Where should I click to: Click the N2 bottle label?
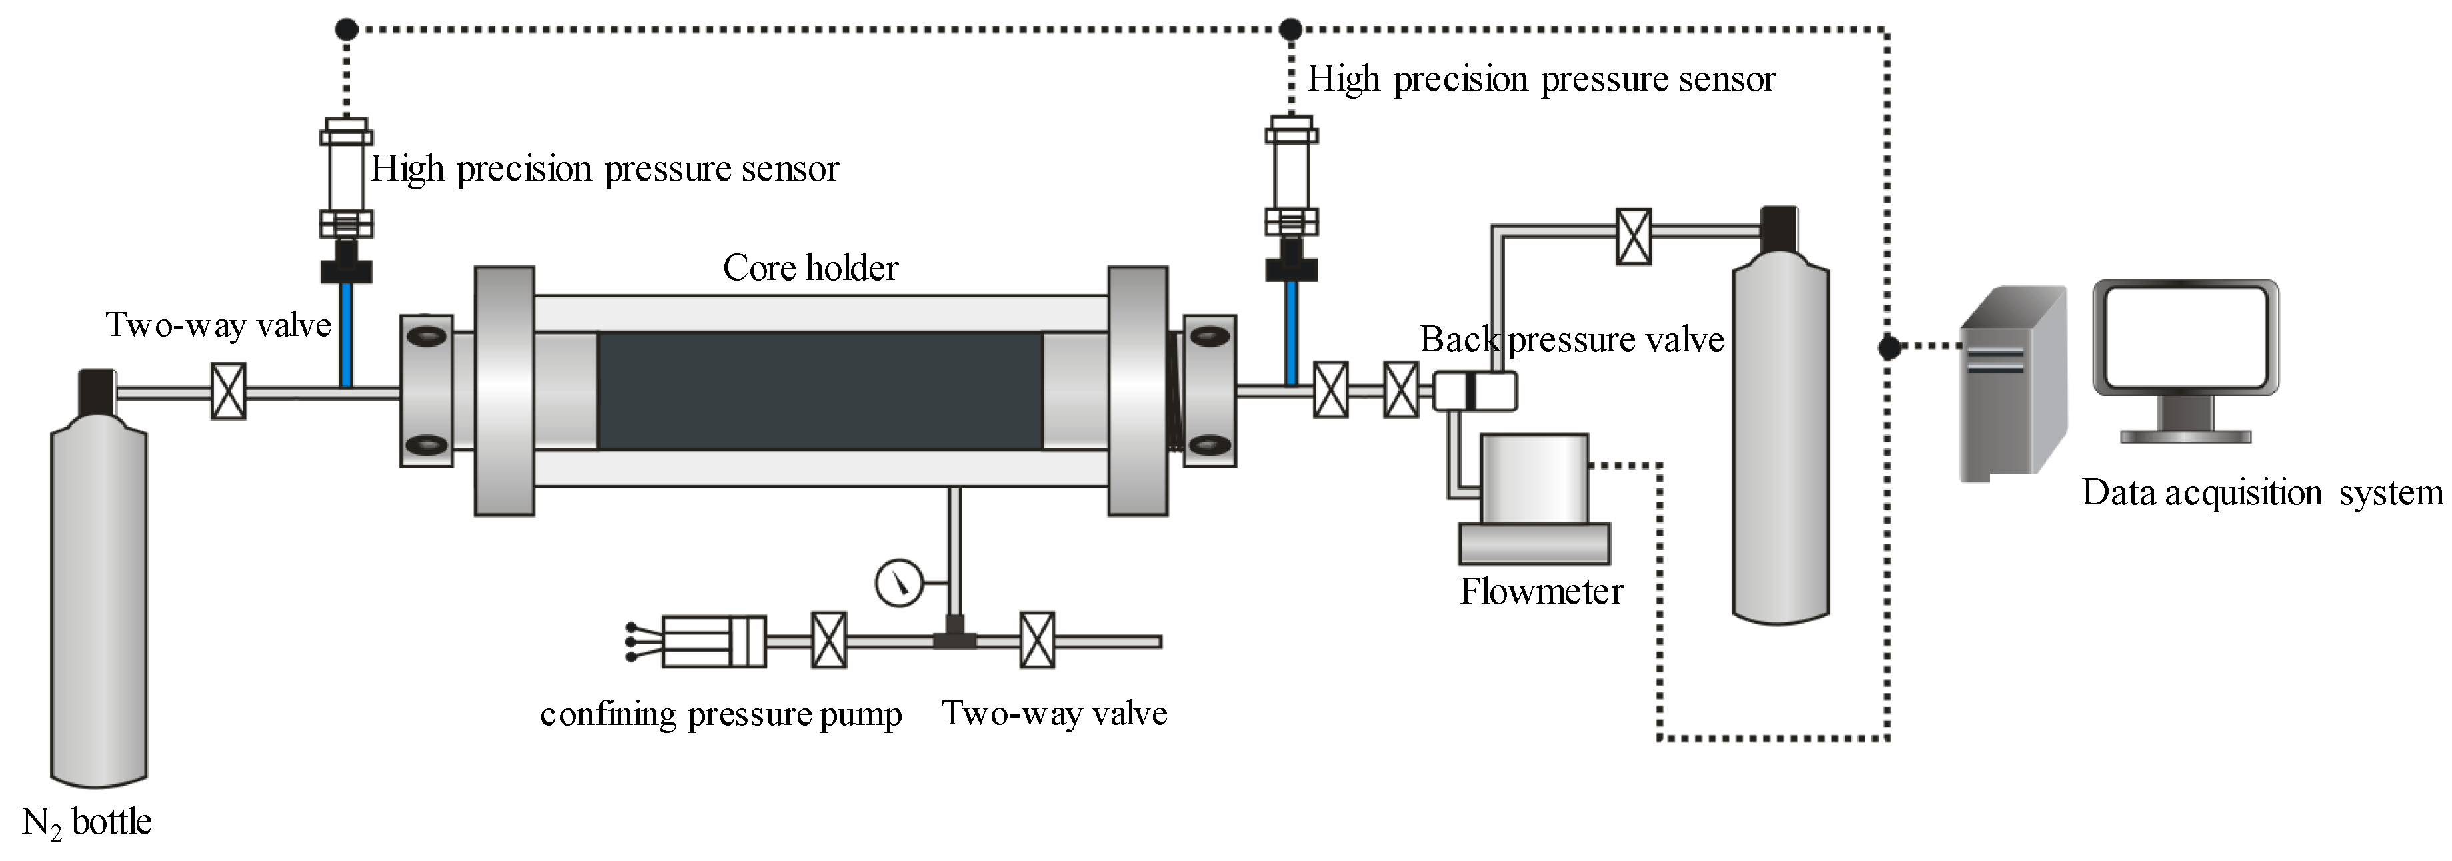point(87,822)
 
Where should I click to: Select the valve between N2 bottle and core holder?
point(227,391)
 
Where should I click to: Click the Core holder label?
point(810,269)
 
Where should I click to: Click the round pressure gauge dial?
point(898,582)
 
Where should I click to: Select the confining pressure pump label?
point(720,714)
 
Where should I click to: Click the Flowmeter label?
point(1541,592)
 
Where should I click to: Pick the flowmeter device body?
point(1534,480)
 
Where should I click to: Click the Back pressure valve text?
point(1572,340)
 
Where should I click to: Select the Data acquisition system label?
point(2261,493)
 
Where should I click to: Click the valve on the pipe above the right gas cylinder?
point(1634,237)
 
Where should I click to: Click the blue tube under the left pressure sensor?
point(347,334)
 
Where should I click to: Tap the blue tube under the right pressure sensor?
point(1291,333)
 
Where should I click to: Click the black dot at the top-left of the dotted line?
point(347,29)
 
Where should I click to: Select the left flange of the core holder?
point(505,391)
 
